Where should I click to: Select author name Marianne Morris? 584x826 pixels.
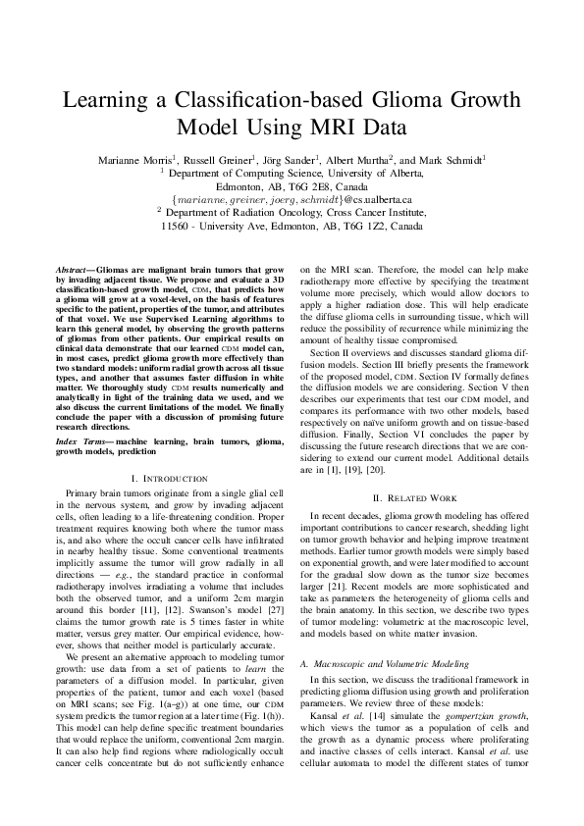(134, 158)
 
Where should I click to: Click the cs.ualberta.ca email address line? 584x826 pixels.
(292, 199)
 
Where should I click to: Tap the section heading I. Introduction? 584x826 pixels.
(169, 478)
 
